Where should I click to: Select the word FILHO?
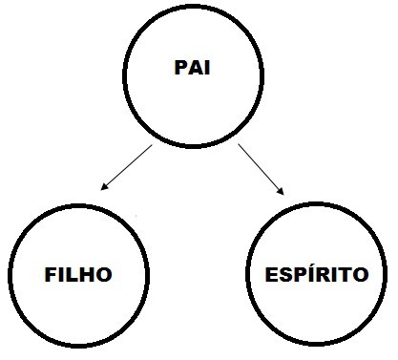[79, 275]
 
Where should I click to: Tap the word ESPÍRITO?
[315, 275]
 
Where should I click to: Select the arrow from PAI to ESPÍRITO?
[262, 170]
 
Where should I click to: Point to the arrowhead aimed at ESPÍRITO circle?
[283, 194]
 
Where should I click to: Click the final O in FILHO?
[105, 275]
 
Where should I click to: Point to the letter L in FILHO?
[73, 275]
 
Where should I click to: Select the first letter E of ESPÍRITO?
[269, 275]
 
